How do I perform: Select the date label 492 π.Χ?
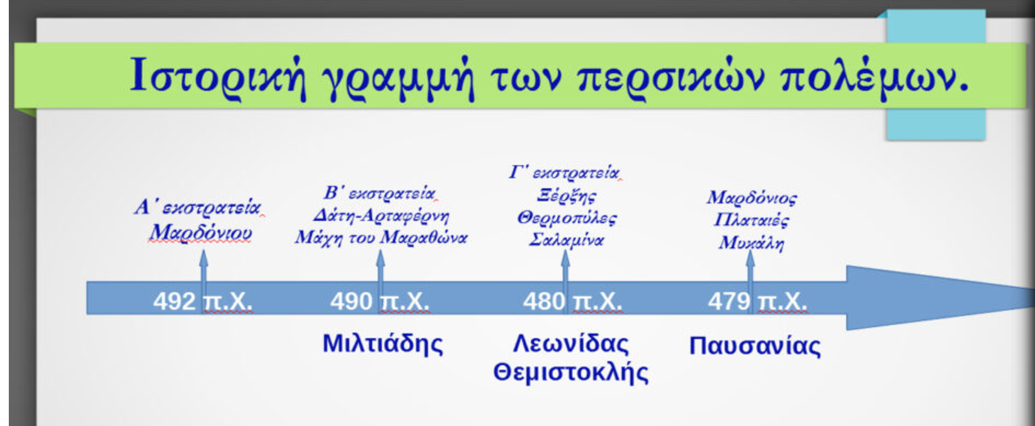203,301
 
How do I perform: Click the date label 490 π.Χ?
380,301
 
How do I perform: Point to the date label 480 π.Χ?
572,301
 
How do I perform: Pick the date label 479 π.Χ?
758,301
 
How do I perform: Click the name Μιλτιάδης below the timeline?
383,344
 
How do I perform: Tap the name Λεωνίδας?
571,344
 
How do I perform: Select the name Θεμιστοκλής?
570,373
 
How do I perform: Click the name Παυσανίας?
755,346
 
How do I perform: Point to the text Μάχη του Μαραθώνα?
381,238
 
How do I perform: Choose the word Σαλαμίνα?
567,240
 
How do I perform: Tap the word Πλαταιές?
751,220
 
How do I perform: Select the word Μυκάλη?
751,243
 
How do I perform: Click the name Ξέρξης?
567,196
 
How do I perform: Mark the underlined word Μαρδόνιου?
201,232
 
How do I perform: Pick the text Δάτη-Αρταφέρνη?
381,216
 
